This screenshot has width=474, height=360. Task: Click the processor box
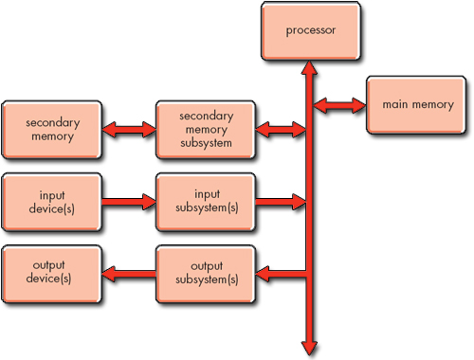(310, 29)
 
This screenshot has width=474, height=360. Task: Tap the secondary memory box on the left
(52, 129)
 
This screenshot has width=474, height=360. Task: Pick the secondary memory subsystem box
(206, 129)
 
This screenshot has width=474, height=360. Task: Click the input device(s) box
(52, 201)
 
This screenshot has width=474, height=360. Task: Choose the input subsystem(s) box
(206, 201)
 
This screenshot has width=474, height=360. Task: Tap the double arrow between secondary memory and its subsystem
(129, 129)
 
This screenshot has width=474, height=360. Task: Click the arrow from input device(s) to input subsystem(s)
(129, 201)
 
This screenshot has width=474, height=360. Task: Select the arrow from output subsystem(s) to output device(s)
(129, 274)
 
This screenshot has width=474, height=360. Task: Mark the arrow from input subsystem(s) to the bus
(281, 201)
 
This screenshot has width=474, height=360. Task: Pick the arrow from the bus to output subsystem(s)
(281, 274)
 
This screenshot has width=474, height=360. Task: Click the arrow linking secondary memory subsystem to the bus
(281, 129)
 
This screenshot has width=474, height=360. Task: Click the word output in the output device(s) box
(52, 266)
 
